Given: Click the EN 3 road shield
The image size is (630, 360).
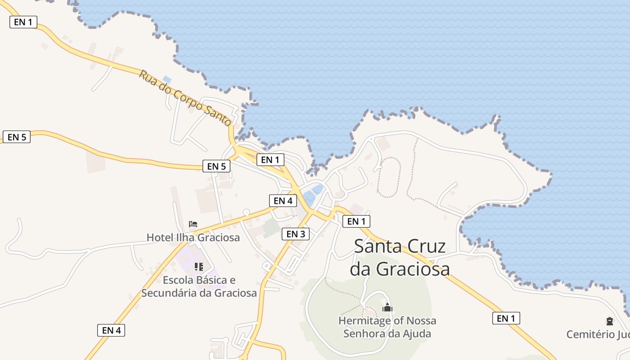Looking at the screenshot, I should (296, 234).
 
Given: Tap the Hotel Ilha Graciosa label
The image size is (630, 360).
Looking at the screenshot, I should (193, 237).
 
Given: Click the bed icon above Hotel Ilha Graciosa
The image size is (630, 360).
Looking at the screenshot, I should (193, 224).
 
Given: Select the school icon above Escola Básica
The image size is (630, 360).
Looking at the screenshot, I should (199, 267).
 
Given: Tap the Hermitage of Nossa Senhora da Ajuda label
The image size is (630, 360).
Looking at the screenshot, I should (387, 327).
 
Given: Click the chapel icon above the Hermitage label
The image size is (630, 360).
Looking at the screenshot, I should (387, 308).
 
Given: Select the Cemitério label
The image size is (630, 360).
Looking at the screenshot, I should (597, 334).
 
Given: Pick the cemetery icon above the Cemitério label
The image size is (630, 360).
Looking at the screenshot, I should (610, 321).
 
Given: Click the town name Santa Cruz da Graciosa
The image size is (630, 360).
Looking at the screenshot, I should (400, 257).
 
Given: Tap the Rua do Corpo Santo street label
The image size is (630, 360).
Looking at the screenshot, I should (184, 98).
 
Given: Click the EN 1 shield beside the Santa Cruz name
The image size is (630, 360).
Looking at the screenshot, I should (356, 221).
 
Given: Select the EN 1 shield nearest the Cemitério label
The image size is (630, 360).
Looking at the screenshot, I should (506, 319).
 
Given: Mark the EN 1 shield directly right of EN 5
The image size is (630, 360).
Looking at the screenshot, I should (270, 159).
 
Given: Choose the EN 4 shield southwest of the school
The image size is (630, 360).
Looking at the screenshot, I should (111, 330).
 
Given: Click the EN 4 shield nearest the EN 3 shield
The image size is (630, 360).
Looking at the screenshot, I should (283, 201).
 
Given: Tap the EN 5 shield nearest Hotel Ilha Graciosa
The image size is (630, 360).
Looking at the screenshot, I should (216, 166).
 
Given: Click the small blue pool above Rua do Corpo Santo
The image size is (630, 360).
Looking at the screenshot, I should (167, 80).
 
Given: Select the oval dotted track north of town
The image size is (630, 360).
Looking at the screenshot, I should (388, 177).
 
